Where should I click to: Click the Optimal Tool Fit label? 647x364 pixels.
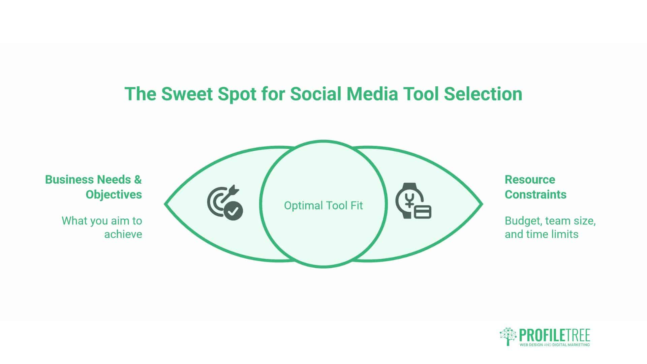click(323, 205)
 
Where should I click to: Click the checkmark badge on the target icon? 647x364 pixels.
click(234, 211)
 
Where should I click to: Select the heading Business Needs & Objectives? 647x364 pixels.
click(94, 187)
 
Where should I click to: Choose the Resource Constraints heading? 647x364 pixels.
click(535, 187)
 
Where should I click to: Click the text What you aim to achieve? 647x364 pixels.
click(102, 227)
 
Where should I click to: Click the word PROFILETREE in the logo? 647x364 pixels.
click(555, 335)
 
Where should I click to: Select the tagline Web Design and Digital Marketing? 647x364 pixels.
click(555, 345)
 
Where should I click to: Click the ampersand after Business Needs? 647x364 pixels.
click(138, 180)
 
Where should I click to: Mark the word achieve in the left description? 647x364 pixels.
click(123, 234)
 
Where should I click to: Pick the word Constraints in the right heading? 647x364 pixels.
click(535, 194)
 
